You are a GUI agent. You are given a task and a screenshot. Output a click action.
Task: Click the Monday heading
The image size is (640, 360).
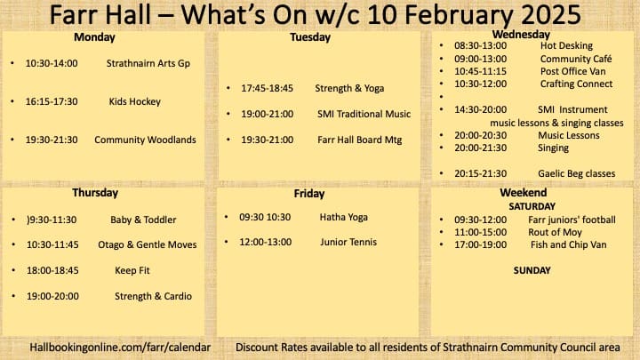94,37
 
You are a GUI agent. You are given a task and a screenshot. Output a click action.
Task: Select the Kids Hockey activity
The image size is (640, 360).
135,101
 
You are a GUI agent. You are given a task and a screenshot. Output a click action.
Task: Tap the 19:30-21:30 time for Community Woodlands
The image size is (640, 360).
52,140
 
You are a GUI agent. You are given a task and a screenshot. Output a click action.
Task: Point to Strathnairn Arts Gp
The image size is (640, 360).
148,64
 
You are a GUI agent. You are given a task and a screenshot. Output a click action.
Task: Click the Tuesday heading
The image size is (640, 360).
310,37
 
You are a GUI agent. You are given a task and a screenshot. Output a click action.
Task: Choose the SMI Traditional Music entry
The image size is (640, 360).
364,114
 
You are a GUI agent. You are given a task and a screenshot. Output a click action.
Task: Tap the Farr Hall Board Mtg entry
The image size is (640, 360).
360,140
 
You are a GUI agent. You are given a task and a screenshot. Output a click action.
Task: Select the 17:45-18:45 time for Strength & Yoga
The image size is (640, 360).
267,88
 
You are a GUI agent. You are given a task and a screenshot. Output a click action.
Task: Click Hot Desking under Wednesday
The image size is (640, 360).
566,45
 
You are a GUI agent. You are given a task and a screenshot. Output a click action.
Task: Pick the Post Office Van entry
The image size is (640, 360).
573,71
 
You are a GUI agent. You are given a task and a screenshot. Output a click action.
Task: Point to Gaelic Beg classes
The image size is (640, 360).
576,173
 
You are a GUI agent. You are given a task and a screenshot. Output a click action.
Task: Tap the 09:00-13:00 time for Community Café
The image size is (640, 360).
480,59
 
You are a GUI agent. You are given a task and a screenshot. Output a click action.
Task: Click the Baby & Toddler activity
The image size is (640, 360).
143,220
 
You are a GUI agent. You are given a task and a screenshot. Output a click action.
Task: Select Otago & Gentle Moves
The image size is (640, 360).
148,244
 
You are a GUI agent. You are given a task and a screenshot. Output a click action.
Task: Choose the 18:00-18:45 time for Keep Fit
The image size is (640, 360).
52,270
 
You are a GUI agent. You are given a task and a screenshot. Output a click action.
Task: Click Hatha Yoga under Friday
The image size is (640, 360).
344,217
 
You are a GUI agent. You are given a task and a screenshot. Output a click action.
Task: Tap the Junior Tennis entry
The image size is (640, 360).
348,242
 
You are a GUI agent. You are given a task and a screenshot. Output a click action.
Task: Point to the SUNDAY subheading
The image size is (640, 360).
532,270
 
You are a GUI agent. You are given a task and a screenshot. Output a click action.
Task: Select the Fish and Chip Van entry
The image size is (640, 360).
569,245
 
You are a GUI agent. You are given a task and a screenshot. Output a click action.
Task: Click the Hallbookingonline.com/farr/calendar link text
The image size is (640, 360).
120,348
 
